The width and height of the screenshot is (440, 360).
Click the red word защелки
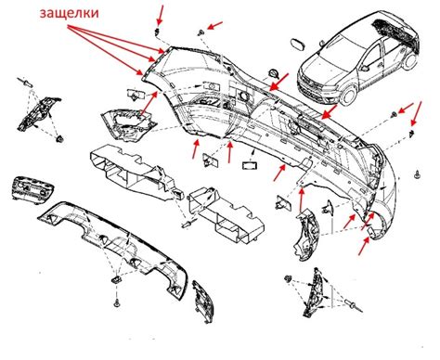pyautogui.click(x=70, y=14)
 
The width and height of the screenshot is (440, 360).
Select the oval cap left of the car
pyautogui.click(x=299, y=45)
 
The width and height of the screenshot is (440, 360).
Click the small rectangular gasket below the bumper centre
pyautogui.click(x=250, y=165)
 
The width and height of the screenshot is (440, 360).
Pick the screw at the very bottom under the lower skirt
pyautogui.click(x=117, y=302)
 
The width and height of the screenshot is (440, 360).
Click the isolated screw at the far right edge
pyautogui.click(x=418, y=175)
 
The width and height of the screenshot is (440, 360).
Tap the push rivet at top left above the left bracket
pyautogui.click(x=28, y=83)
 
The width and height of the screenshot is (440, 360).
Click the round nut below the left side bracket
pyautogui.click(x=59, y=139)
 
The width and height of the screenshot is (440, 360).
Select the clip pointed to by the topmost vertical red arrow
pyautogui.click(x=158, y=31)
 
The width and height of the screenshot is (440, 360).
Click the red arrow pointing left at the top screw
pyautogui.click(x=215, y=25)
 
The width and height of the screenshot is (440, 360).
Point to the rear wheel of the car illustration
pyautogui.click(x=410, y=61)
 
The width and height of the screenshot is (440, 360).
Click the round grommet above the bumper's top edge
pyautogui.click(x=274, y=73)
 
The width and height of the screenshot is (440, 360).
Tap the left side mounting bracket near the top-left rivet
pyautogui.click(x=39, y=113)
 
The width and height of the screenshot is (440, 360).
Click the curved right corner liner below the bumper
pyautogui.click(x=304, y=234)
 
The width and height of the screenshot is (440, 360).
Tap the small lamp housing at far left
pyautogui.click(x=32, y=188)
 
